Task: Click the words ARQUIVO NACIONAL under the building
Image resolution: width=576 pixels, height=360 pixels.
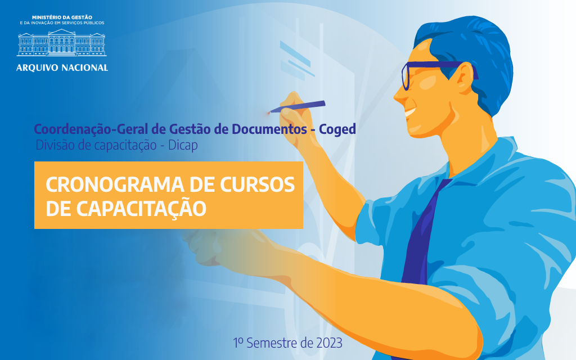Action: [x=62, y=67]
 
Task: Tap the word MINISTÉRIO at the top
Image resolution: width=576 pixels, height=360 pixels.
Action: [x=46, y=17]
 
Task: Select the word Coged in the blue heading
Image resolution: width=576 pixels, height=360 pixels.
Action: [x=337, y=129]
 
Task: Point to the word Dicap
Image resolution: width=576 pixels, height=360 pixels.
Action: [x=183, y=146]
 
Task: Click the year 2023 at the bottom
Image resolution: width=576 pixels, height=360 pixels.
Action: [x=328, y=343]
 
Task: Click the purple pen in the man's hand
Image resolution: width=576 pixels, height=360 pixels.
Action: [x=297, y=106]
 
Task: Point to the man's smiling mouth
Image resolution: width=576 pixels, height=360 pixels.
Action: [x=410, y=111]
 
